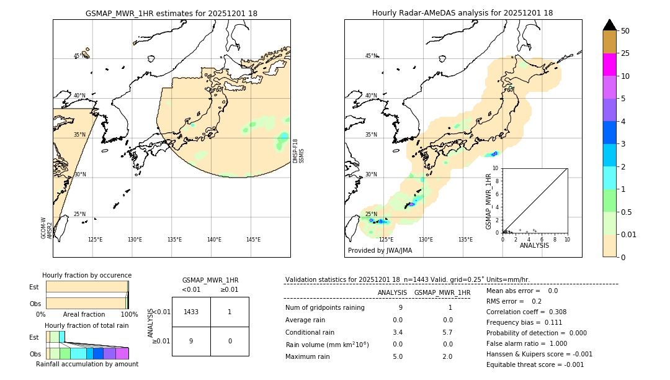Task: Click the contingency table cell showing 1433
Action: [x=191, y=312]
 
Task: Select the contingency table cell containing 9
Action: [x=191, y=341]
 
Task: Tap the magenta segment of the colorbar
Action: [x=609, y=65]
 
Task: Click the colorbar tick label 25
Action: [x=625, y=53]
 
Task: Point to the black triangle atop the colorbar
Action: [x=609, y=25]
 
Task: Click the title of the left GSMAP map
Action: [x=171, y=13]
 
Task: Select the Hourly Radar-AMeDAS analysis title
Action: [x=462, y=13]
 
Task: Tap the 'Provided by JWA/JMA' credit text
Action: [x=380, y=251]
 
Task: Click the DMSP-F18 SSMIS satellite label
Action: [x=298, y=151]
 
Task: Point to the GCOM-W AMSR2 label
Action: [x=46, y=228]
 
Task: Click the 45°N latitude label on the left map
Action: [x=79, y=56]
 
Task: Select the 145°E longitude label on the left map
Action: [x=253, y=240]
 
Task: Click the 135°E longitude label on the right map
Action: [x=465, y=240]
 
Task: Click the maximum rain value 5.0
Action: [x=398, y=356]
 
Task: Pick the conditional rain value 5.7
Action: [x=447, y=332]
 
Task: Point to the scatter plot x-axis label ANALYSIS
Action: [x=534, y=245]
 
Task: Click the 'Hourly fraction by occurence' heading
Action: [x=87, y=275]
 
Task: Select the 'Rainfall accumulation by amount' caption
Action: [x=87, y=364]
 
